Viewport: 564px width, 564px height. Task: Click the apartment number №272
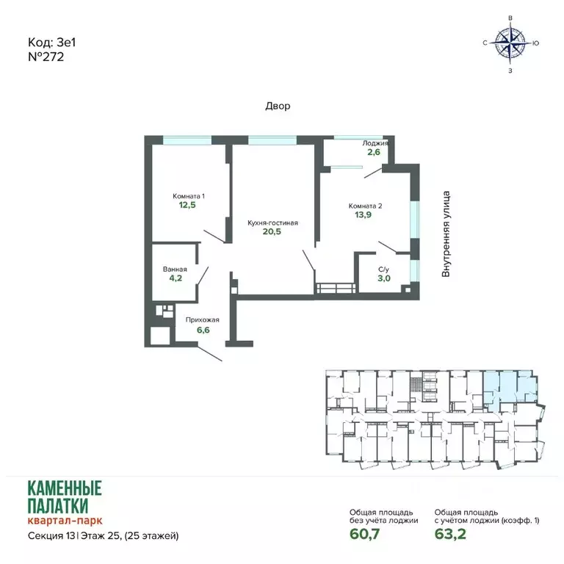(46, 57)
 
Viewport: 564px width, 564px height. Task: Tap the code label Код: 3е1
(52, 43)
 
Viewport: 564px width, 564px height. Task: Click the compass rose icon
(510, 43)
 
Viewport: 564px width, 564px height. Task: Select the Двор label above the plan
(278, 106)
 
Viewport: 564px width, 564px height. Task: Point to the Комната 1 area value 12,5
(187, 205)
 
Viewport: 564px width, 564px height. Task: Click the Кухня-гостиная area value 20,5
(272, 231)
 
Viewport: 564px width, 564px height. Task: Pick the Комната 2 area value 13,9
(363, 214)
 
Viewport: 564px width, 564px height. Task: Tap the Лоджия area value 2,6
(374, 152)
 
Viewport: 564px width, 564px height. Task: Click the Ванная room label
(175, 269)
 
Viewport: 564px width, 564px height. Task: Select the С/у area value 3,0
(384, 278)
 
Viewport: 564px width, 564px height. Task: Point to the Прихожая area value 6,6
(203, 330)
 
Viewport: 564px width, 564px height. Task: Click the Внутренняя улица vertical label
(446, 234)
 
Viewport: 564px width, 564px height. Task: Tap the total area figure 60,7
(364, 534)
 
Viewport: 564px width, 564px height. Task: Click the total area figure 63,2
(450, 534)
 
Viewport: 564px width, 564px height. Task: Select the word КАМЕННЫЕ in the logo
(65, 488)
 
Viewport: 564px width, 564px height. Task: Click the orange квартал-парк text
(65, 520)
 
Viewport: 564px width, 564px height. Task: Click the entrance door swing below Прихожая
(210, 354)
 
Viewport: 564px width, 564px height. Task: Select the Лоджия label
(375, 143)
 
